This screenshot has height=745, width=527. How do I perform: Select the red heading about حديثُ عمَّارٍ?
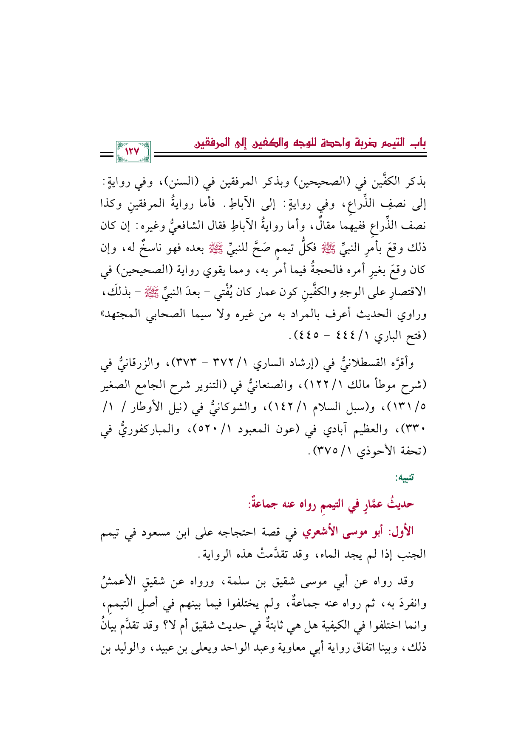[331, 504]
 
